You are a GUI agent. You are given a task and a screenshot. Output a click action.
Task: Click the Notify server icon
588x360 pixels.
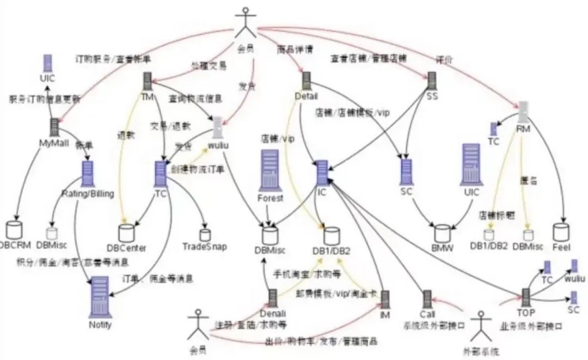click(99, 295)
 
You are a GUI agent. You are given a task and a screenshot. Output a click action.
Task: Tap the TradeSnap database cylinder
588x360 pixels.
click(205, 235)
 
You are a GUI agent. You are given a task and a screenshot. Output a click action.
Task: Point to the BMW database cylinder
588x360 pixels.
click(442, 233)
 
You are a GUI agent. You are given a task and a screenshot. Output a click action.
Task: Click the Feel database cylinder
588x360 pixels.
click(561, 233)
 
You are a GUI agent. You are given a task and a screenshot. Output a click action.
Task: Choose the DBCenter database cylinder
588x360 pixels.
click(126, 233)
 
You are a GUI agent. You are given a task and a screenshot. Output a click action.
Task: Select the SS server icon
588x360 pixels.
click(432, 81)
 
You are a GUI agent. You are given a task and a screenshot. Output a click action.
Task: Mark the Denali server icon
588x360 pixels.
click(273, 298)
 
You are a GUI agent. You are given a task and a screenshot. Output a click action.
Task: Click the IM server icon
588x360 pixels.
click(385, 300)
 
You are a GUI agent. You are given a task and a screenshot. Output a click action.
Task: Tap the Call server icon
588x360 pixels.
click(427, 298)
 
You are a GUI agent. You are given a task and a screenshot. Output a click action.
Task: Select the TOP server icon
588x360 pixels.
click(526, 297)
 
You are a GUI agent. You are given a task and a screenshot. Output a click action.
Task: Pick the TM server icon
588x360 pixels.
click(147, 82)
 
